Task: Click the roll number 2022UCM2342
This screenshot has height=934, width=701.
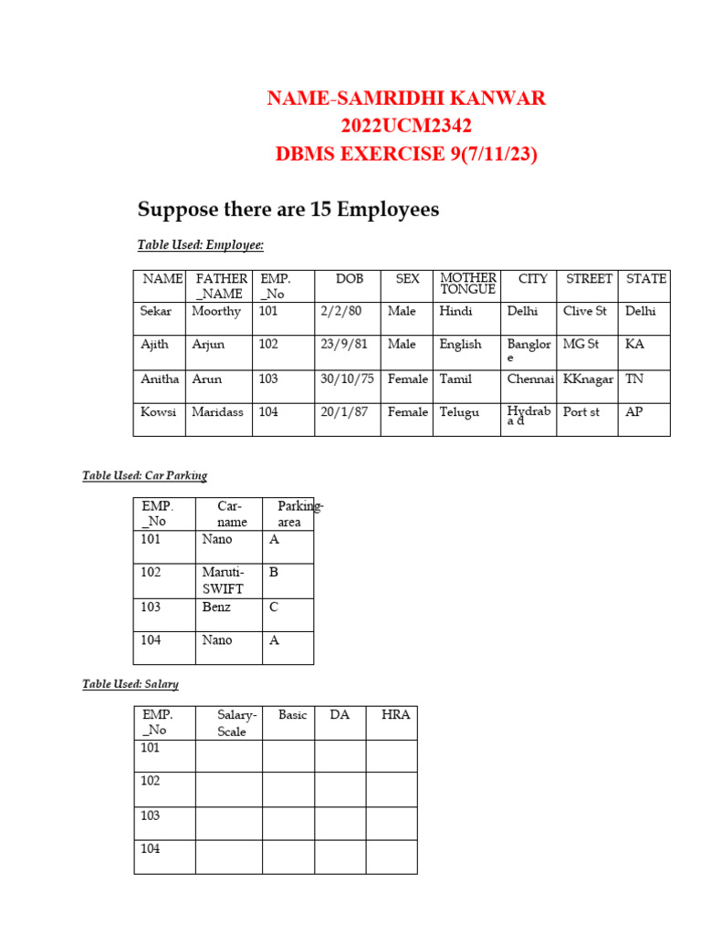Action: click(x=406, y=126)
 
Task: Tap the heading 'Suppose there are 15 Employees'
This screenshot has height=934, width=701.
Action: click(x=288, y=210)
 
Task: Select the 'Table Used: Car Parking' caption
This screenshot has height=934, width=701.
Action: click(x=144, y=475)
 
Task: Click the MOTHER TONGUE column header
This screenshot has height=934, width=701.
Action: click(x=467, y=284)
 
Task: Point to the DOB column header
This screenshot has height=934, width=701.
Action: click(x=349, y=278)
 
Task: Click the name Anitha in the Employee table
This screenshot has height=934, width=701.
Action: click(x=159, y=379)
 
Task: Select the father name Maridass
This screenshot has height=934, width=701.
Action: click(x=217, y=412)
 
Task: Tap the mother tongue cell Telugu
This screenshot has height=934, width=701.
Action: click(x=459, y=412)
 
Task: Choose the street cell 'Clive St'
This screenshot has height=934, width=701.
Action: click(x=584, y=311)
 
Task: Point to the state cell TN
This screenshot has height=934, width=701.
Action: click(x=634, y=379)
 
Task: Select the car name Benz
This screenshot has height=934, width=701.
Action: click(x=216, y=607)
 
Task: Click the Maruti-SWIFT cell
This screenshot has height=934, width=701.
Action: click(x=223, y=580)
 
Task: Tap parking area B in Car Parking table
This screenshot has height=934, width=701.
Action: click(x=273, y=573)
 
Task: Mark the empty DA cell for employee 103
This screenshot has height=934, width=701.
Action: click(x=340, y=823)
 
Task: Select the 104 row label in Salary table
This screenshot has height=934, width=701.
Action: click(x=151, y=849)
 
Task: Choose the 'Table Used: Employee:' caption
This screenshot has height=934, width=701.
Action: click(x=200, y=244)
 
